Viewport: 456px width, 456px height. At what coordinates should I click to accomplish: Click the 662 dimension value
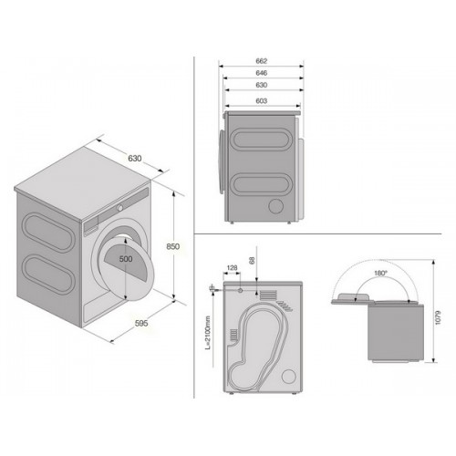[x=261, y=61]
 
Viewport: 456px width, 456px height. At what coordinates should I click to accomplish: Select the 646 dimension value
[x=261, y=73]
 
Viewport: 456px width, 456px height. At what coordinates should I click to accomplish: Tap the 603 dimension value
[x=261, y=100]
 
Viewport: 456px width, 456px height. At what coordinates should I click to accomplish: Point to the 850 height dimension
[x=173, y=246]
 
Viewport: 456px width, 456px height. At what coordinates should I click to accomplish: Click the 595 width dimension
[x=141, y=323]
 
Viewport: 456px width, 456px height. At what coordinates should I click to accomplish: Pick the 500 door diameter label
[x=126, y=259]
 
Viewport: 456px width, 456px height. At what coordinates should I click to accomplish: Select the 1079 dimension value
[x=438, y=317]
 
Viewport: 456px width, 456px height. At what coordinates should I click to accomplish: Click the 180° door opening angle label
[x=380, y=273]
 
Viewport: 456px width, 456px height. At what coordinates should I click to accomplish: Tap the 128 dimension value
[x=232, y=268]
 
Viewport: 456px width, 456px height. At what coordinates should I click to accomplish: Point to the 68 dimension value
[x=252, y=260]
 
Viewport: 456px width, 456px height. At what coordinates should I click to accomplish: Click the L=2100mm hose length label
[x=208, y=333]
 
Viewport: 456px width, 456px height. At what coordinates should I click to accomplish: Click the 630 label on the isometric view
[x=135, y=159]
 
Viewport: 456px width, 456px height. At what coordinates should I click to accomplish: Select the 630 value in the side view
[x=261, y=85]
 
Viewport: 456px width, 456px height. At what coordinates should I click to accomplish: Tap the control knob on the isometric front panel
[x=120, y=208]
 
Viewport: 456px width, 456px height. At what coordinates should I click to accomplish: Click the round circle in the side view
[x=276, y=206]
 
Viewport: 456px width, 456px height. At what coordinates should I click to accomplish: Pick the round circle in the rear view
[x=289, y=377]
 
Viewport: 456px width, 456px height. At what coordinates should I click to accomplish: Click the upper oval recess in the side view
[x=261, y=140]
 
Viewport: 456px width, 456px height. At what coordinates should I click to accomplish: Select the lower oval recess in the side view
[x=261, y=185]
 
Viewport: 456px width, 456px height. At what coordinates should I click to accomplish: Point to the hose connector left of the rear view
[x=212, y=287]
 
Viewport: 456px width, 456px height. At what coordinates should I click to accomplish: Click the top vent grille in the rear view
[x=268, y=295]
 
